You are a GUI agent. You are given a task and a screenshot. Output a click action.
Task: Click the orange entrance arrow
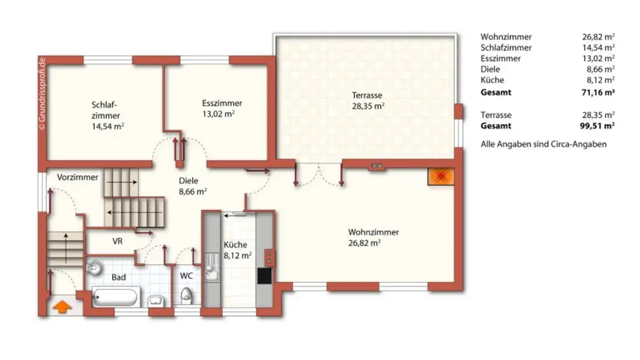click(61, 307)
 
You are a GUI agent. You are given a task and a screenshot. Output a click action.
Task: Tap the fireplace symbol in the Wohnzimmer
click(441, 177)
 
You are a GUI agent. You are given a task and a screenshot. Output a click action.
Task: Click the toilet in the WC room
click(186, 295)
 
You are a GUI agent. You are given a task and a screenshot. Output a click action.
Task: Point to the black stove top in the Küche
click(264, 275)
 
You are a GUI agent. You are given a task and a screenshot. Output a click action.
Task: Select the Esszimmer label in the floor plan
click(222, 103)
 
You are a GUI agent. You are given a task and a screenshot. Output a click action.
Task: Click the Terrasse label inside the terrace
click(367, 96)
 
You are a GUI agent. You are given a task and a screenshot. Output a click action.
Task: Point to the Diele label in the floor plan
click(188, 181)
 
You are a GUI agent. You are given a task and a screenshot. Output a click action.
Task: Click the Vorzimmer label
click(77, 177)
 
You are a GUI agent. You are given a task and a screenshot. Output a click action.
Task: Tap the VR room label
click(117, 241)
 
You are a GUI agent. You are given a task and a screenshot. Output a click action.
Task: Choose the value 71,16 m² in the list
click(597, 92)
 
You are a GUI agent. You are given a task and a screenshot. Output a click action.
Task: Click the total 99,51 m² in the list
click(597, 126)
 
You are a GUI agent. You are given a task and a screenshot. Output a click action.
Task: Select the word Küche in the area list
click(492, 80)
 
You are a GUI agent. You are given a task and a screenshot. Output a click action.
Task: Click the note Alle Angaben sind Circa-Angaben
click(543, 144)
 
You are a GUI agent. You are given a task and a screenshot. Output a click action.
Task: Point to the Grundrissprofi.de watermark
click(42, 92)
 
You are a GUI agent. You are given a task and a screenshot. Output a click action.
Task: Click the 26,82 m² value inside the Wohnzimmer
click(365, 243)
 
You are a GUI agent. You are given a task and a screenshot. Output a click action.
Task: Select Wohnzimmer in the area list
click(506, 37)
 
